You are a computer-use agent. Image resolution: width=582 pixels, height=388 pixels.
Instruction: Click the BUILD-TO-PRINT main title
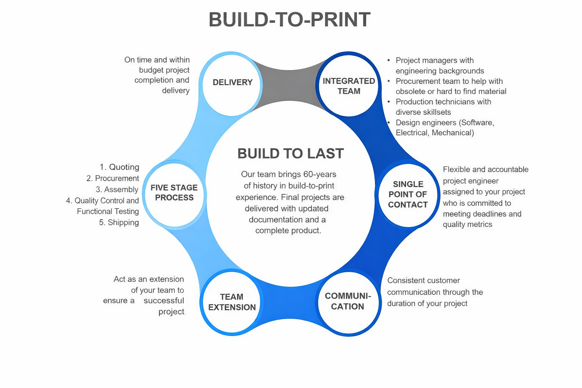pos(289,20)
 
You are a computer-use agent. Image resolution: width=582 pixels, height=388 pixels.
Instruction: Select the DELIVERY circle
pos(232,84)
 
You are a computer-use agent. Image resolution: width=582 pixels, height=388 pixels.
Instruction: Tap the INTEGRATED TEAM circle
pos(349,85)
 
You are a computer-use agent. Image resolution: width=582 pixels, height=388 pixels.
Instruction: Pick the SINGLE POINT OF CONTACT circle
pos(408,195)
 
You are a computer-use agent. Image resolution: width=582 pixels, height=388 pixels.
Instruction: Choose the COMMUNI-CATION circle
pos(348,302)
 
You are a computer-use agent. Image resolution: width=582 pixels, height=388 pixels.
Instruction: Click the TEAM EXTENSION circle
pos(232,302)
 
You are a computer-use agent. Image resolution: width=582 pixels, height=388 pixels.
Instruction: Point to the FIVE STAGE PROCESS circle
pos(174,193)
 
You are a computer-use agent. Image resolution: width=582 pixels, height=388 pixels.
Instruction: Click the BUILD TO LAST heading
pos(290,153)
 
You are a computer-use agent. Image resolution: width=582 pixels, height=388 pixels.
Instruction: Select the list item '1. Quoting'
pos(119,167)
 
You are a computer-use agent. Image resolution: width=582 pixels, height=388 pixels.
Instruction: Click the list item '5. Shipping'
pos(119,222)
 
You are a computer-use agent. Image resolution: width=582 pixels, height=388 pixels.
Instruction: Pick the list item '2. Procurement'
pos(113,178)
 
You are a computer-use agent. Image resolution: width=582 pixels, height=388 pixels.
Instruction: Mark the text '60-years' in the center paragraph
pos(320,174)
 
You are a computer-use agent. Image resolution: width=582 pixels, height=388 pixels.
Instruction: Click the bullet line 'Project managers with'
pos(434,60)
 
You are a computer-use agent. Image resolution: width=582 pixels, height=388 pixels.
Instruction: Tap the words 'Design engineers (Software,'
pos(444,122)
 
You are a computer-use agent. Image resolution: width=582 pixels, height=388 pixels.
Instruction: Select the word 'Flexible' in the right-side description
pos(456,169)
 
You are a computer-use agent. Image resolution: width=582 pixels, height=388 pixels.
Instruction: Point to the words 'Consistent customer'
pos(423,281)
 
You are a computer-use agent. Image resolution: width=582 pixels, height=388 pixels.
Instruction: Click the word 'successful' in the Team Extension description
pos(164,300)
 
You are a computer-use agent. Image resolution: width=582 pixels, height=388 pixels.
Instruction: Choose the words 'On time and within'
pos(157,60)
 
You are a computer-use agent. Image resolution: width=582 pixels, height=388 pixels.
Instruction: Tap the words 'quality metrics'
pos(467,224)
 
